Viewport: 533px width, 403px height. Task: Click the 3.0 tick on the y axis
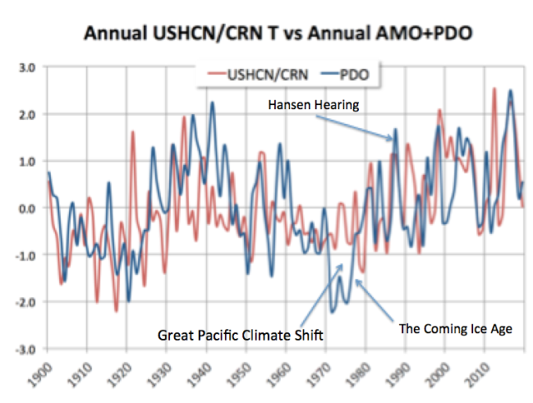coord(27,67)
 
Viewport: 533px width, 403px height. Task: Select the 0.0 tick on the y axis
coord(27,208)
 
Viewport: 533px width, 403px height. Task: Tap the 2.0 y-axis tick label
coord(27,114)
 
